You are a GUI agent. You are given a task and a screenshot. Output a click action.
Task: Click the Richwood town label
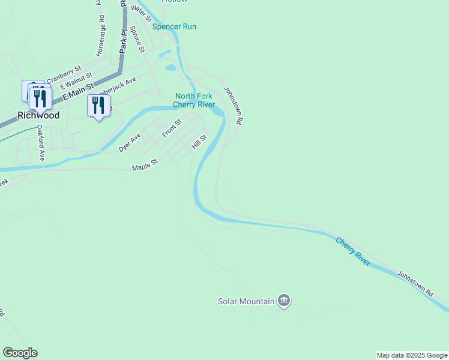(38, 115)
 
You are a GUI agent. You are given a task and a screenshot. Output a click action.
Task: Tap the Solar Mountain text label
(246, 301)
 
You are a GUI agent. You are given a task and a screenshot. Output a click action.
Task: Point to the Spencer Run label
(174, 26)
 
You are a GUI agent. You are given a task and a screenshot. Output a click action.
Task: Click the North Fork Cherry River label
(194, 100)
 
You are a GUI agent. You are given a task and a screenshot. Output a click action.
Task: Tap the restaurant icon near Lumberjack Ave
(97, 106)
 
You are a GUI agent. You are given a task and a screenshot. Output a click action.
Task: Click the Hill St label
(199, 142)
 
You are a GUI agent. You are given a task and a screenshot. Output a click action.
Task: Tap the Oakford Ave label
(41, 142)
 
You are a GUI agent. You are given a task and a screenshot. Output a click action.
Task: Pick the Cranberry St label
(64, 76)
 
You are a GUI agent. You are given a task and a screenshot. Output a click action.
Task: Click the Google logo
(20, 353)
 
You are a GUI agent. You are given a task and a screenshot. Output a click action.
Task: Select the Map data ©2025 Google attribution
(412, 355)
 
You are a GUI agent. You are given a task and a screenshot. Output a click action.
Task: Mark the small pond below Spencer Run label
(171, 67)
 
